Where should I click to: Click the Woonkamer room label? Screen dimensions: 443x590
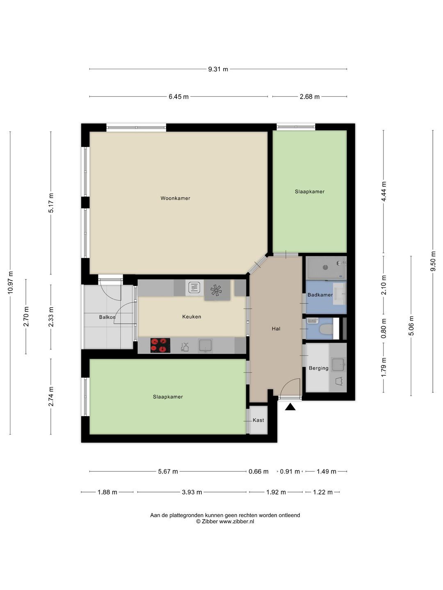175,198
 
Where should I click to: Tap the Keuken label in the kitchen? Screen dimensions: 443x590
192,317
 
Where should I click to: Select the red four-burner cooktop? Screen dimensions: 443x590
160,345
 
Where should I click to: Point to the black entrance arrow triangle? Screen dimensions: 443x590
290,407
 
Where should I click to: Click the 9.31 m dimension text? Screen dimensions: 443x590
218,69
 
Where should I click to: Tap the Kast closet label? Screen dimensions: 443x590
258,420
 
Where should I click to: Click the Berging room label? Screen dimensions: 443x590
318,368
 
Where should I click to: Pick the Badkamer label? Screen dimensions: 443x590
320,295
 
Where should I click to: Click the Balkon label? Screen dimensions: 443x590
107,317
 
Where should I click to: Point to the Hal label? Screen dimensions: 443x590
276,329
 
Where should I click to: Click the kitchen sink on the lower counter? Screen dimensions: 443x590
206,346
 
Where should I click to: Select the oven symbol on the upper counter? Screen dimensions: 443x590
194,288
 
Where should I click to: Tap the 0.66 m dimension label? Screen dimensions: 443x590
258,472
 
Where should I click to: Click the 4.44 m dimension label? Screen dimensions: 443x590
384,191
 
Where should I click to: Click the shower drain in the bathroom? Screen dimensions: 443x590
325,267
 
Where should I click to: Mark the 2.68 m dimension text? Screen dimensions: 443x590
310,97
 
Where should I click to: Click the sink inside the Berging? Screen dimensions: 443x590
338,365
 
